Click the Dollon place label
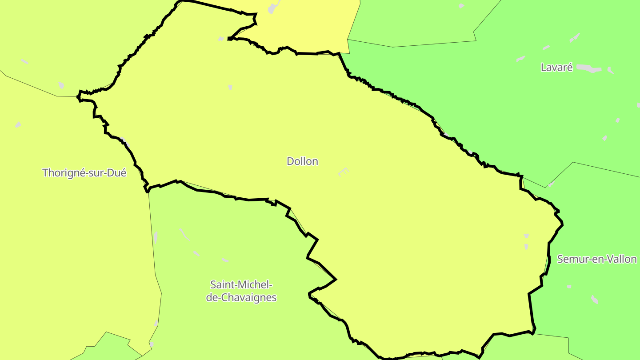(x=302, y=161)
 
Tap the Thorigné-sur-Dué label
(x=84, y=173)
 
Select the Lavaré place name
(x=556, y=68)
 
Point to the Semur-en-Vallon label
(x=596, y=259)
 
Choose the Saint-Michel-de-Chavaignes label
(x=241, y=291)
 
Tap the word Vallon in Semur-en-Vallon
(x=622, y=259)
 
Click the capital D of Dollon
(x=290, y=161)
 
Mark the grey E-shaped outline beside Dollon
(x=344, y=172)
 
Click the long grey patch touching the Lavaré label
(x=589, y=68)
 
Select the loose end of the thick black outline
(x=229, y=39)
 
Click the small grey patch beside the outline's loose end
(x=221, y=39)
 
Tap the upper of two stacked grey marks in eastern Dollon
(x=526, y=236)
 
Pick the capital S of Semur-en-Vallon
(x=560, y=259)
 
